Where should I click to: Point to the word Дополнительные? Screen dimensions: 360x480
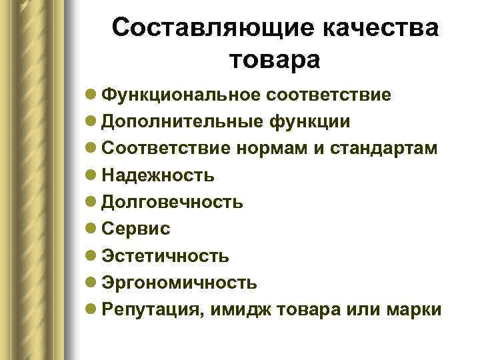tap(176, 121)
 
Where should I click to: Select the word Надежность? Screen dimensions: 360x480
tap(159, 175)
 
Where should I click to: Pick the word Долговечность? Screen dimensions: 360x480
tap(173, 201)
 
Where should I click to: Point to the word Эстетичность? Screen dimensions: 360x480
tap(166, 255)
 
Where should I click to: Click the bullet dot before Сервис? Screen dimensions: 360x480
tap(91, 229)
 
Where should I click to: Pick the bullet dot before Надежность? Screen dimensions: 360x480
tap(91, 175)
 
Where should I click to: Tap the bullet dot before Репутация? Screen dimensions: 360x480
tap(91, 310)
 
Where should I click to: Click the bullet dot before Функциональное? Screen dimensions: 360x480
tap(91, 95)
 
